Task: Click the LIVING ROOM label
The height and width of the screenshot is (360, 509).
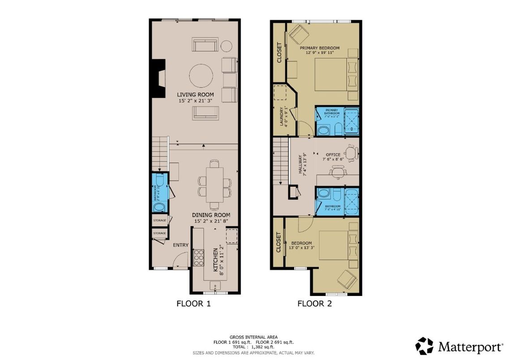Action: coord(195,94)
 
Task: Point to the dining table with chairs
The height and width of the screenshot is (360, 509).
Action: coord(214,184)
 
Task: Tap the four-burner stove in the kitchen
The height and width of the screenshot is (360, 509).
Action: coord(198,257)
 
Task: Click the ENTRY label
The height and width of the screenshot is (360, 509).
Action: coord(180,245)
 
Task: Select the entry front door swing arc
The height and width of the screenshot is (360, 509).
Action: coord(181,260)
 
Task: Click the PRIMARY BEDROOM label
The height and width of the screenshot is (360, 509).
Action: coord(320,48)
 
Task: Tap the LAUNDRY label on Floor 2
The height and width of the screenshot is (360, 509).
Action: coord(281,117)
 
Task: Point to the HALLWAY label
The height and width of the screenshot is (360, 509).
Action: coord(301,163)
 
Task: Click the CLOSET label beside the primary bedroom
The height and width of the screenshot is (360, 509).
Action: coord(279,52)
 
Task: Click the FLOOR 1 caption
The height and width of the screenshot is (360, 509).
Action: coord(193,304)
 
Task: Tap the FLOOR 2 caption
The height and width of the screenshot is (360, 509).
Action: coord(315,304)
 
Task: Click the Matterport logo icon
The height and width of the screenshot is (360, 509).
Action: coord(424,346)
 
